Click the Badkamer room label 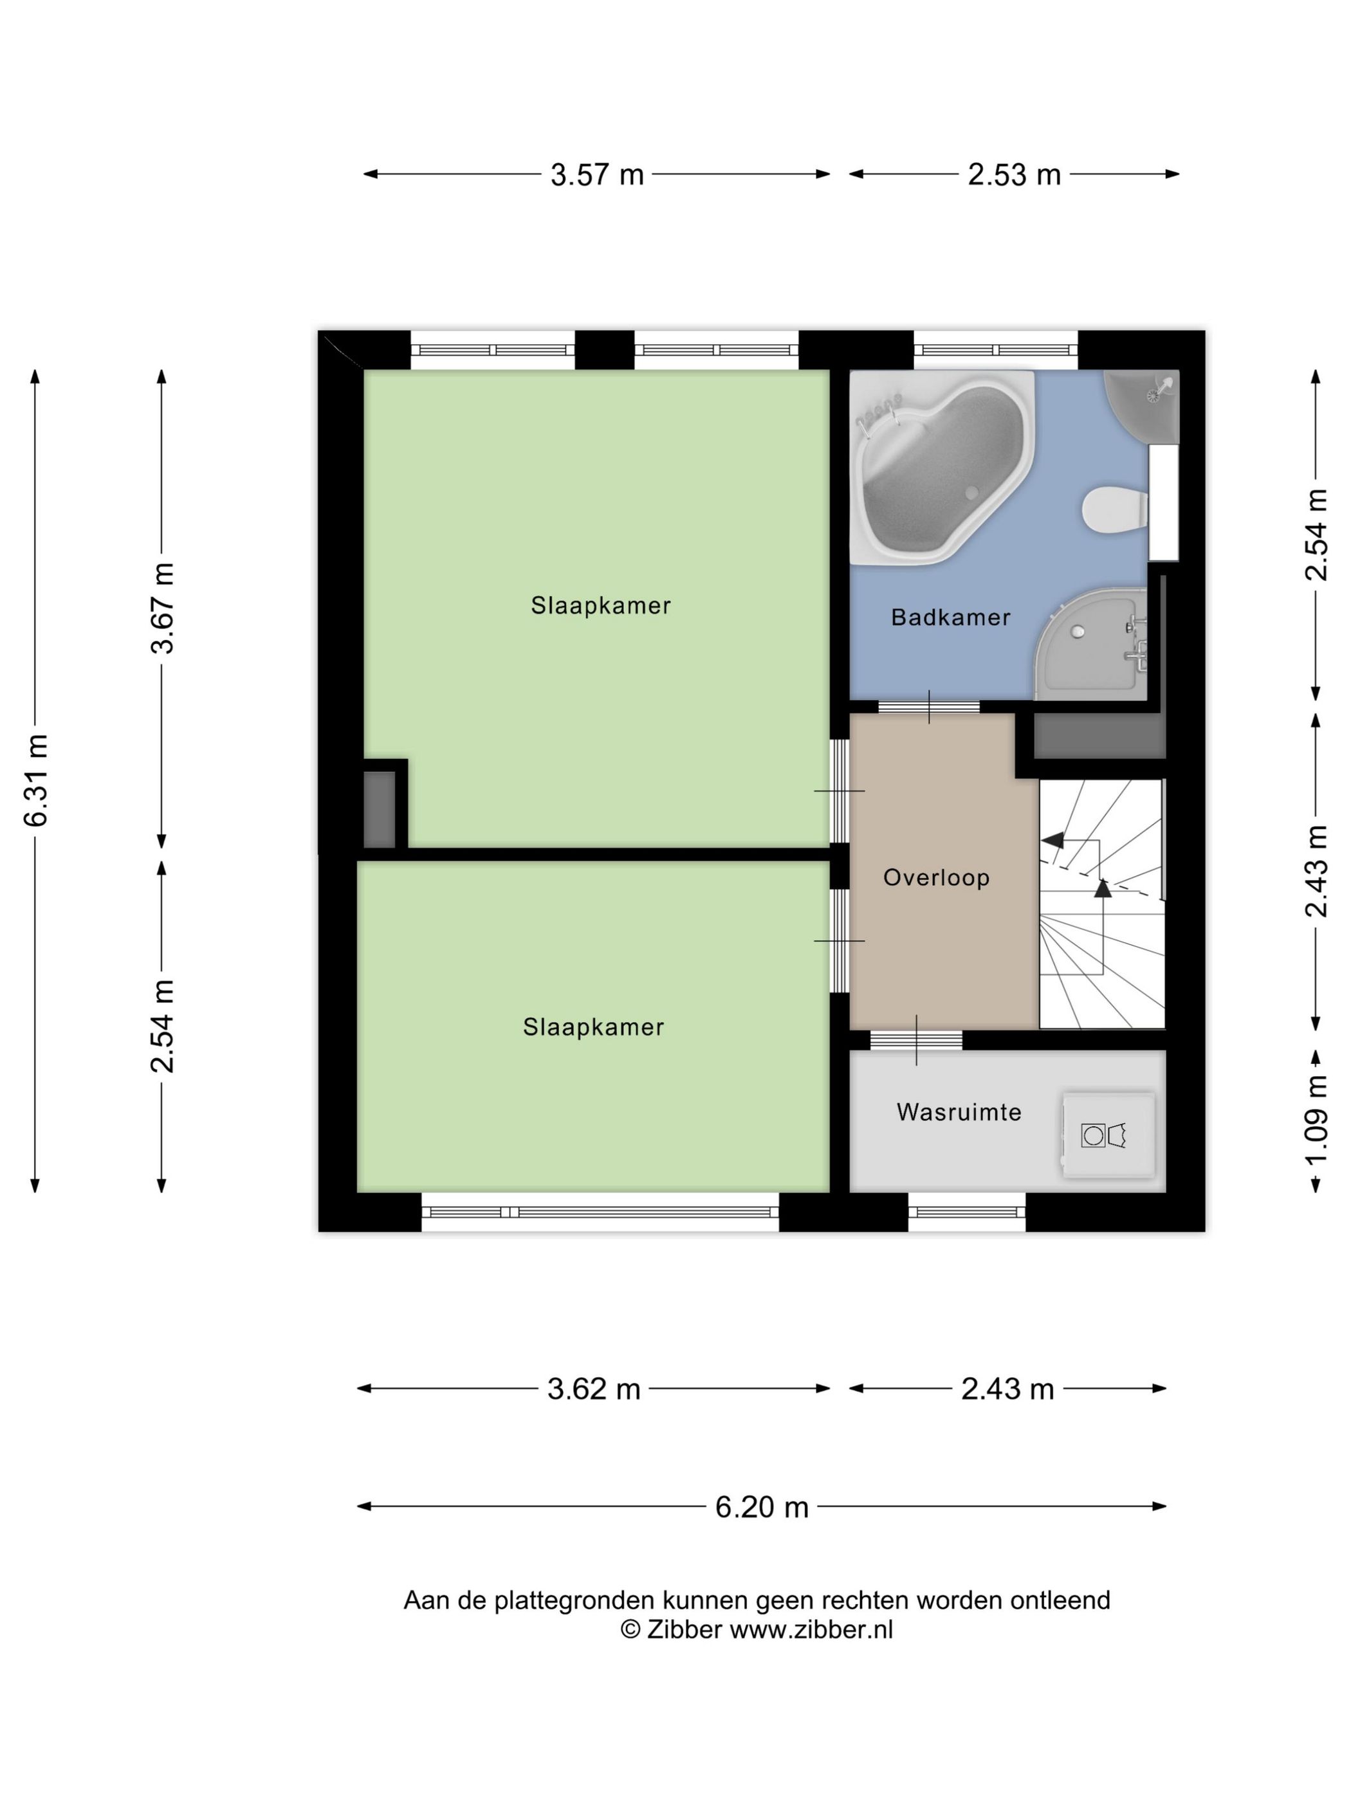[950, 617]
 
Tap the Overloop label [937, 878]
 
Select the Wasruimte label [959, 1112]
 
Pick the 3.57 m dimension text [597, 175]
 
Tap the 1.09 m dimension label [1316, 1120]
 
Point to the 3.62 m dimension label [594, 1389]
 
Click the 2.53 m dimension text [1014, 175]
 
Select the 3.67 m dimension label [163, 608]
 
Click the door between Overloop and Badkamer [928, 706]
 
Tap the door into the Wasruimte [916, 1039]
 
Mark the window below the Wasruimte [967, 1212]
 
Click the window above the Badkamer [996, 350]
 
